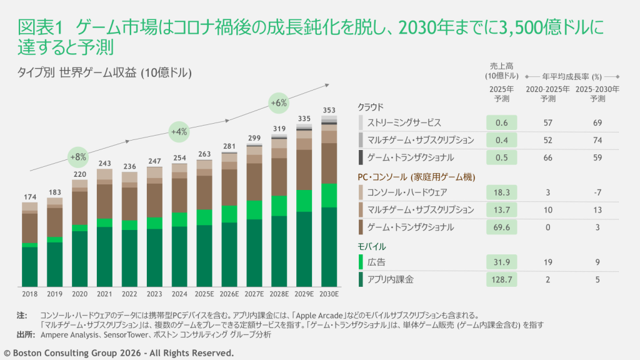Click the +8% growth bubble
(x=79, y=156)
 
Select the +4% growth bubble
(x=179, y=131)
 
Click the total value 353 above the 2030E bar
(x=329, y=110)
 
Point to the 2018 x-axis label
(x=29, y=293)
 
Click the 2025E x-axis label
(x=204, y=293)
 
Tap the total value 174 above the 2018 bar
(x=29, y=197)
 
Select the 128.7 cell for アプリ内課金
(x=501, y=279)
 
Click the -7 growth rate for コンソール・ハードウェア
(x=597, y=192)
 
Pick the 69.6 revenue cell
(x=501, y=227)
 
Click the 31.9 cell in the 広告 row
(x=501, y=262)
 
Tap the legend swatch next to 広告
(x=361, y=262)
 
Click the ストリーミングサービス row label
(x=404, y=122)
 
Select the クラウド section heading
(x=371, y=107)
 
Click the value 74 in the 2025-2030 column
(x=597, y=140)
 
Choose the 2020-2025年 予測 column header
(x=547, y=94)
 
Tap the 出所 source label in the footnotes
(x=25, y=334)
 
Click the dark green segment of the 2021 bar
(x=104, y=256)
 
